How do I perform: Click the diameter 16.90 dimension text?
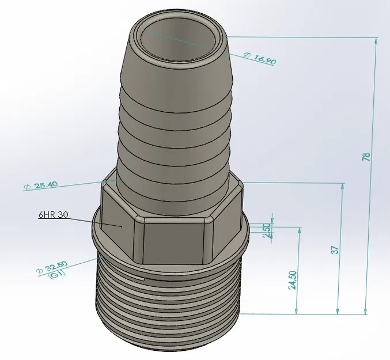click(x=260, y=58)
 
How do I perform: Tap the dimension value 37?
click(x=335, y=249)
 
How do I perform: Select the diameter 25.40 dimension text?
click(x=40, y=185)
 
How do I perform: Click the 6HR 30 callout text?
click(x=54, y=214)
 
